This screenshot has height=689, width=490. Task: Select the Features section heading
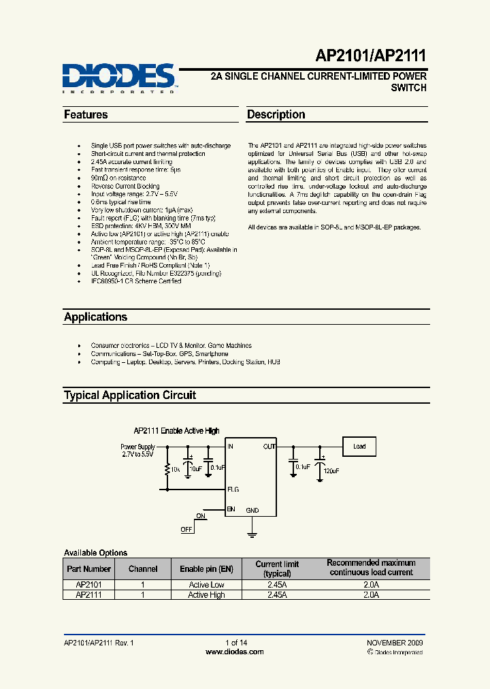click(x=86, y=115)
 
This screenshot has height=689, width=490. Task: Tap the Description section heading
click(x=276, y=115)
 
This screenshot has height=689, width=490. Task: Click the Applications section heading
click(x=95, y=317)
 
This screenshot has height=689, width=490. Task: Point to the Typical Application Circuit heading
click(x=130, y=396)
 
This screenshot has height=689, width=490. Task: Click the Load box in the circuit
click(x=359, y=447)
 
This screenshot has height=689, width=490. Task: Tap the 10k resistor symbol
click(x=167, y=469)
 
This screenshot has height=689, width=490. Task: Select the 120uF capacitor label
click(x=331, y=470)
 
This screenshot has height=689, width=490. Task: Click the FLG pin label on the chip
click(x=233, y=489)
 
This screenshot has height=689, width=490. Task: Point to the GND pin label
click(x=252, y=510)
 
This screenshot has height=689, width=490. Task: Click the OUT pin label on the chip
click(x=269, y=447)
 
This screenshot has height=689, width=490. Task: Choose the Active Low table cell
click(x=206, y=585)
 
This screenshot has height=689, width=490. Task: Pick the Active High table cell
click(x=206, y=595)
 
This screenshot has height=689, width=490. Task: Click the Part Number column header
click(x=88, y=568)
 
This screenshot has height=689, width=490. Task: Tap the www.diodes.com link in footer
click(x=234, y=652)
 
